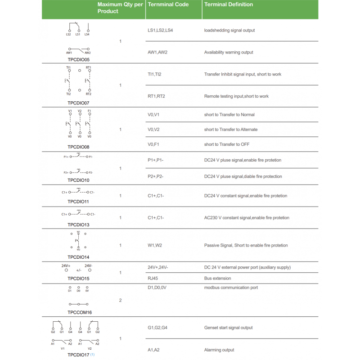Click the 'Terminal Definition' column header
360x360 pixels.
coord(229,4)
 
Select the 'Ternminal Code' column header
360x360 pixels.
coord(168,4)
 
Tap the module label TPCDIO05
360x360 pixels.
coord(79,59)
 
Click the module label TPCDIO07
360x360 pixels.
coord(79,103)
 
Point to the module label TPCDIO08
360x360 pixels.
coord(79,147)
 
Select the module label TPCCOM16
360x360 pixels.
coord(80,312)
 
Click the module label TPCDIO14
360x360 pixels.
coord(79,257)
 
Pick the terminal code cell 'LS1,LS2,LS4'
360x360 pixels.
coord(160,30)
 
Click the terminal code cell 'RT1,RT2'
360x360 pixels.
coord(156,96)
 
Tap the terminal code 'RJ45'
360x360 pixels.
coord(153,278)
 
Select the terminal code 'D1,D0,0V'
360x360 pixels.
coord(157,288)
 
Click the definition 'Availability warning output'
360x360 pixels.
coord(229,52)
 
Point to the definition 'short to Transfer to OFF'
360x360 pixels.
coord(227,144)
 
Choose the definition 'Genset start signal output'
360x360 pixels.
coord(229,328)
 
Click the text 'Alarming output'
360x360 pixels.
coord(219,350)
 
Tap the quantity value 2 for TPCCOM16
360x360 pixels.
coord(120,300)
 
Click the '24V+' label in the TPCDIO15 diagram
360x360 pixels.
coord(66,266)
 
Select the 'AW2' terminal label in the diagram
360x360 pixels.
coord(87,53)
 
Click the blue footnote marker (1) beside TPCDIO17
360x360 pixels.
coord(92,355)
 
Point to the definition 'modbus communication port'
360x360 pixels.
coord(231,288)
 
